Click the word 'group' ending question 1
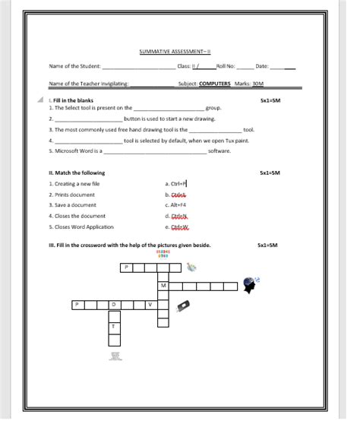click(213, 108)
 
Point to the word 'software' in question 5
click(219, 151)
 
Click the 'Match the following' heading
click(76, 173)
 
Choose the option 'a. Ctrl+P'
click(175, 183)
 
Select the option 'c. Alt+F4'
click(175, 205)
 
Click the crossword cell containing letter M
click(164, 285)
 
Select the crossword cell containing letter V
click(150, 305)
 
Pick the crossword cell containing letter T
click(114, 326)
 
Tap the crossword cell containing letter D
click(114, 305)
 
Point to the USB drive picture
click(182, 305)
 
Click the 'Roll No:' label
click(226, 67)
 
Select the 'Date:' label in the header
click(263, 67)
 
